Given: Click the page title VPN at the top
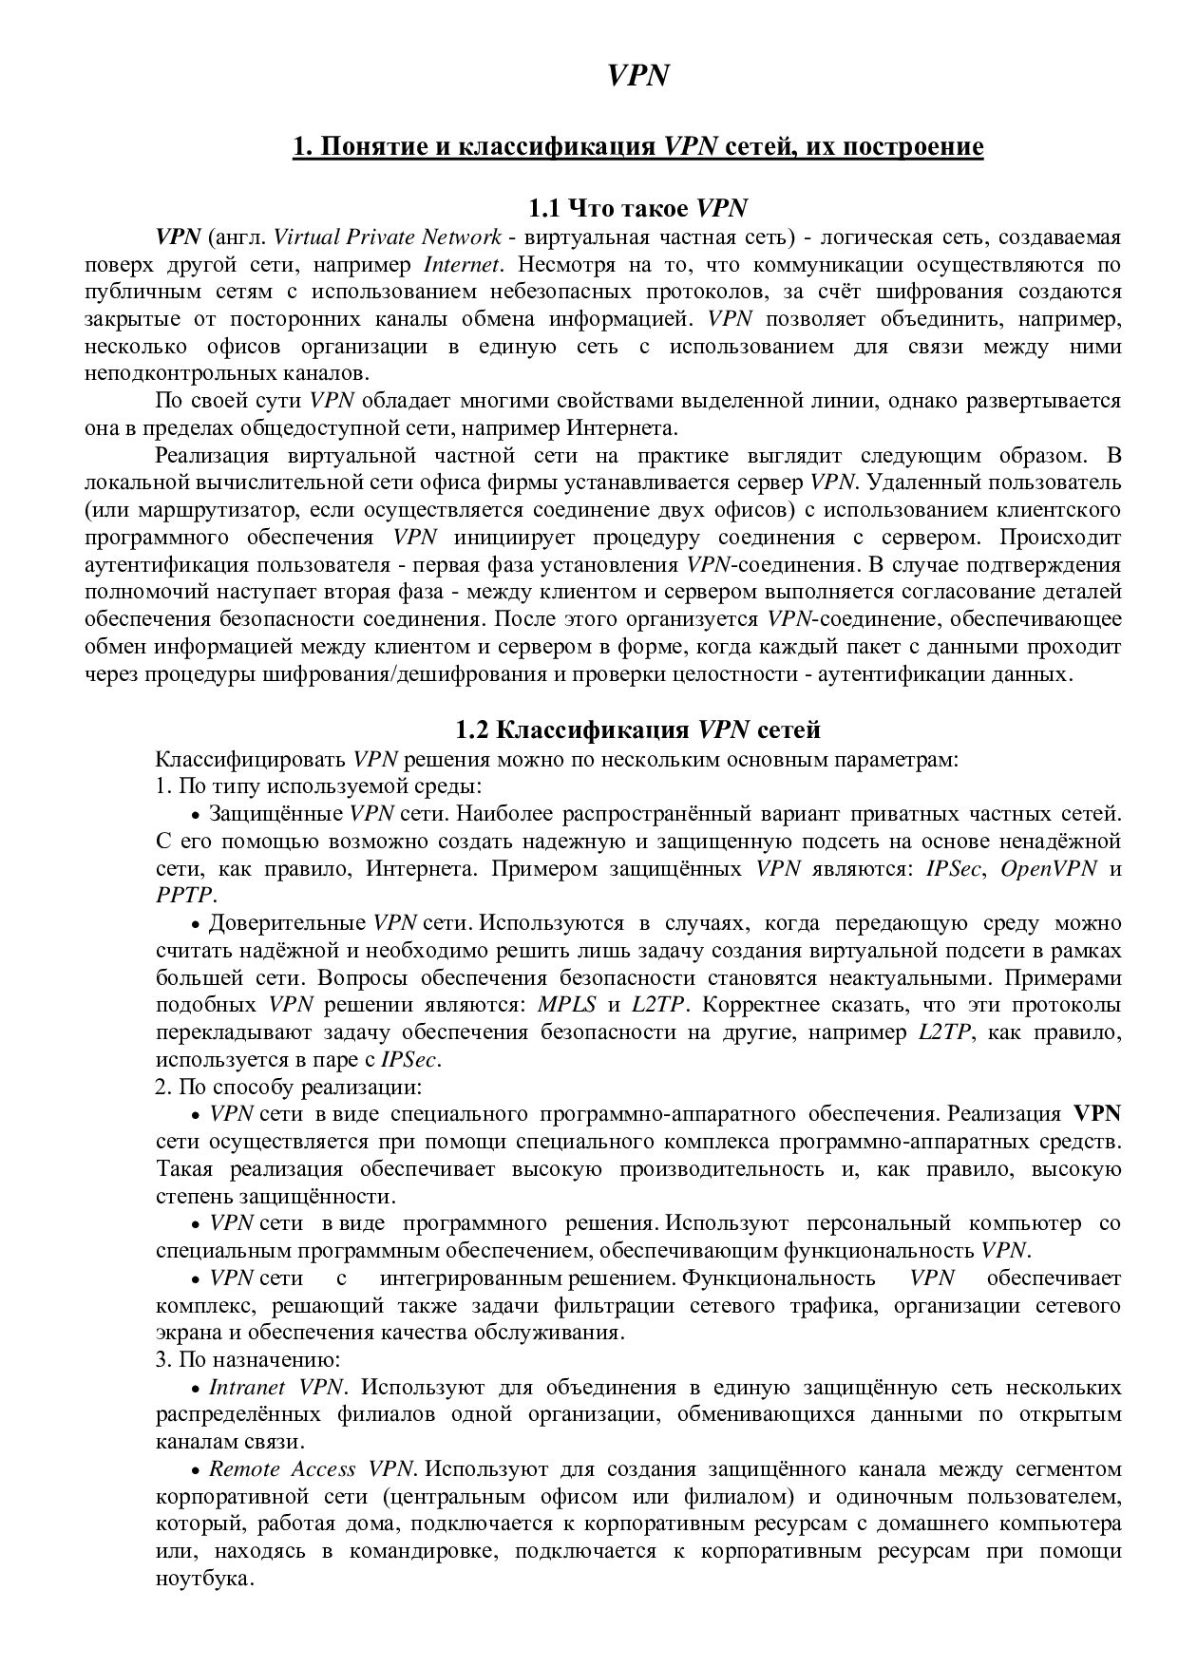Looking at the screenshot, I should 639,77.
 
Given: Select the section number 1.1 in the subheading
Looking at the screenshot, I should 546,208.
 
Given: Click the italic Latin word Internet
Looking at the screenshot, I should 461,264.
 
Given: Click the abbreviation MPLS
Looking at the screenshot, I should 566,1005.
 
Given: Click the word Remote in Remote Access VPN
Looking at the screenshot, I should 244,1469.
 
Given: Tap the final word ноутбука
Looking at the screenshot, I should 203,1580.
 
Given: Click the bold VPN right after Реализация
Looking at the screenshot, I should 1096,1113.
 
